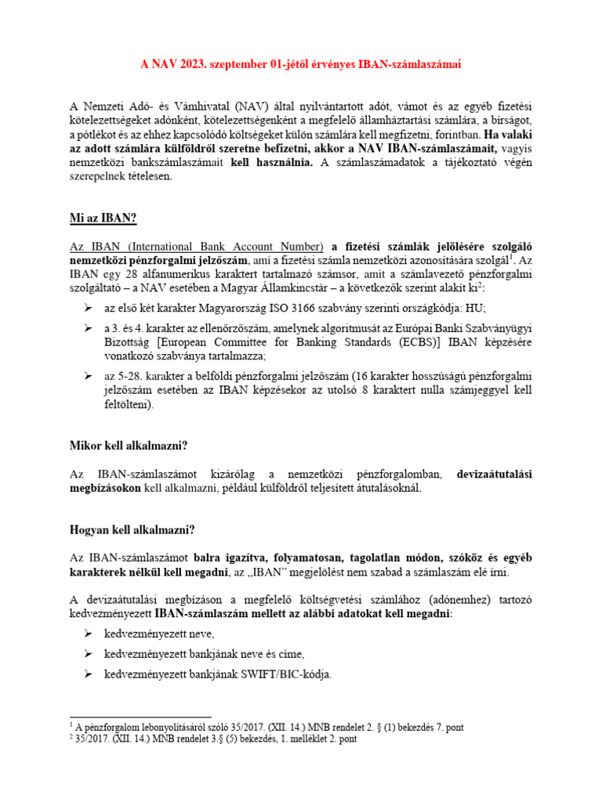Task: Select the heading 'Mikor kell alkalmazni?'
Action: [x=129, y=446]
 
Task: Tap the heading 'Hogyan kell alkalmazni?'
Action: [x=132, y=530]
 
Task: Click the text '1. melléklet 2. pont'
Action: [x=307, y=739]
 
